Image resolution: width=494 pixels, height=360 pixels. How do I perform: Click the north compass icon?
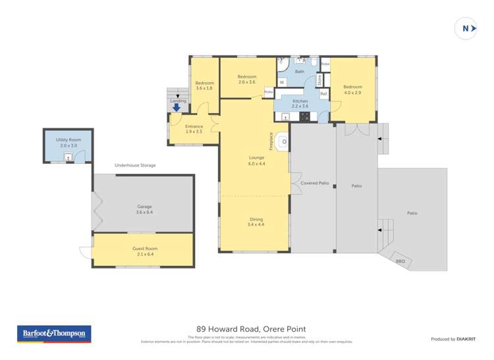coord(466,28)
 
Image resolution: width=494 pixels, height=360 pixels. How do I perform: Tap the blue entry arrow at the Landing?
coord(177,108)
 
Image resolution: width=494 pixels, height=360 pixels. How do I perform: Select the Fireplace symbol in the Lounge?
coord(283,141)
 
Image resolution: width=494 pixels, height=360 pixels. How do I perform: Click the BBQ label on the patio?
coord(400,261)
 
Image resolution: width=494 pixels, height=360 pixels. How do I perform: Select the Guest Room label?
coord(144,248)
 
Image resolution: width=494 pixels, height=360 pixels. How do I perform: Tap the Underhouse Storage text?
coord(135,165)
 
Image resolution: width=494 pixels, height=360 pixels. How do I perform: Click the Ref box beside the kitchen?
coord(323,94)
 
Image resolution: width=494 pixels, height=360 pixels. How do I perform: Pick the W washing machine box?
coord(282,82)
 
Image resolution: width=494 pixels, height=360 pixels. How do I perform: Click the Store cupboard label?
coord(319,80)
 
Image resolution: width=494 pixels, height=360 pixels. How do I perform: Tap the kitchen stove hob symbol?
coord(305,117)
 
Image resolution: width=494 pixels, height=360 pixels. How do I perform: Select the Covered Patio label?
coord(315,182)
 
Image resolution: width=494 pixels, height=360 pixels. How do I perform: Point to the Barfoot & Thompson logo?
coord(54,334)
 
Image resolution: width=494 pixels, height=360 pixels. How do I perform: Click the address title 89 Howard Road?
coord(251,329)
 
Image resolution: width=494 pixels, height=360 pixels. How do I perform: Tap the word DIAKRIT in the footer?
coord(466,339)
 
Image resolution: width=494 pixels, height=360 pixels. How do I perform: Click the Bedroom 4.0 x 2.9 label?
coord(352,90)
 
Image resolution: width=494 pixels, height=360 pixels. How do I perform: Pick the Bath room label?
coord(300,71)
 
